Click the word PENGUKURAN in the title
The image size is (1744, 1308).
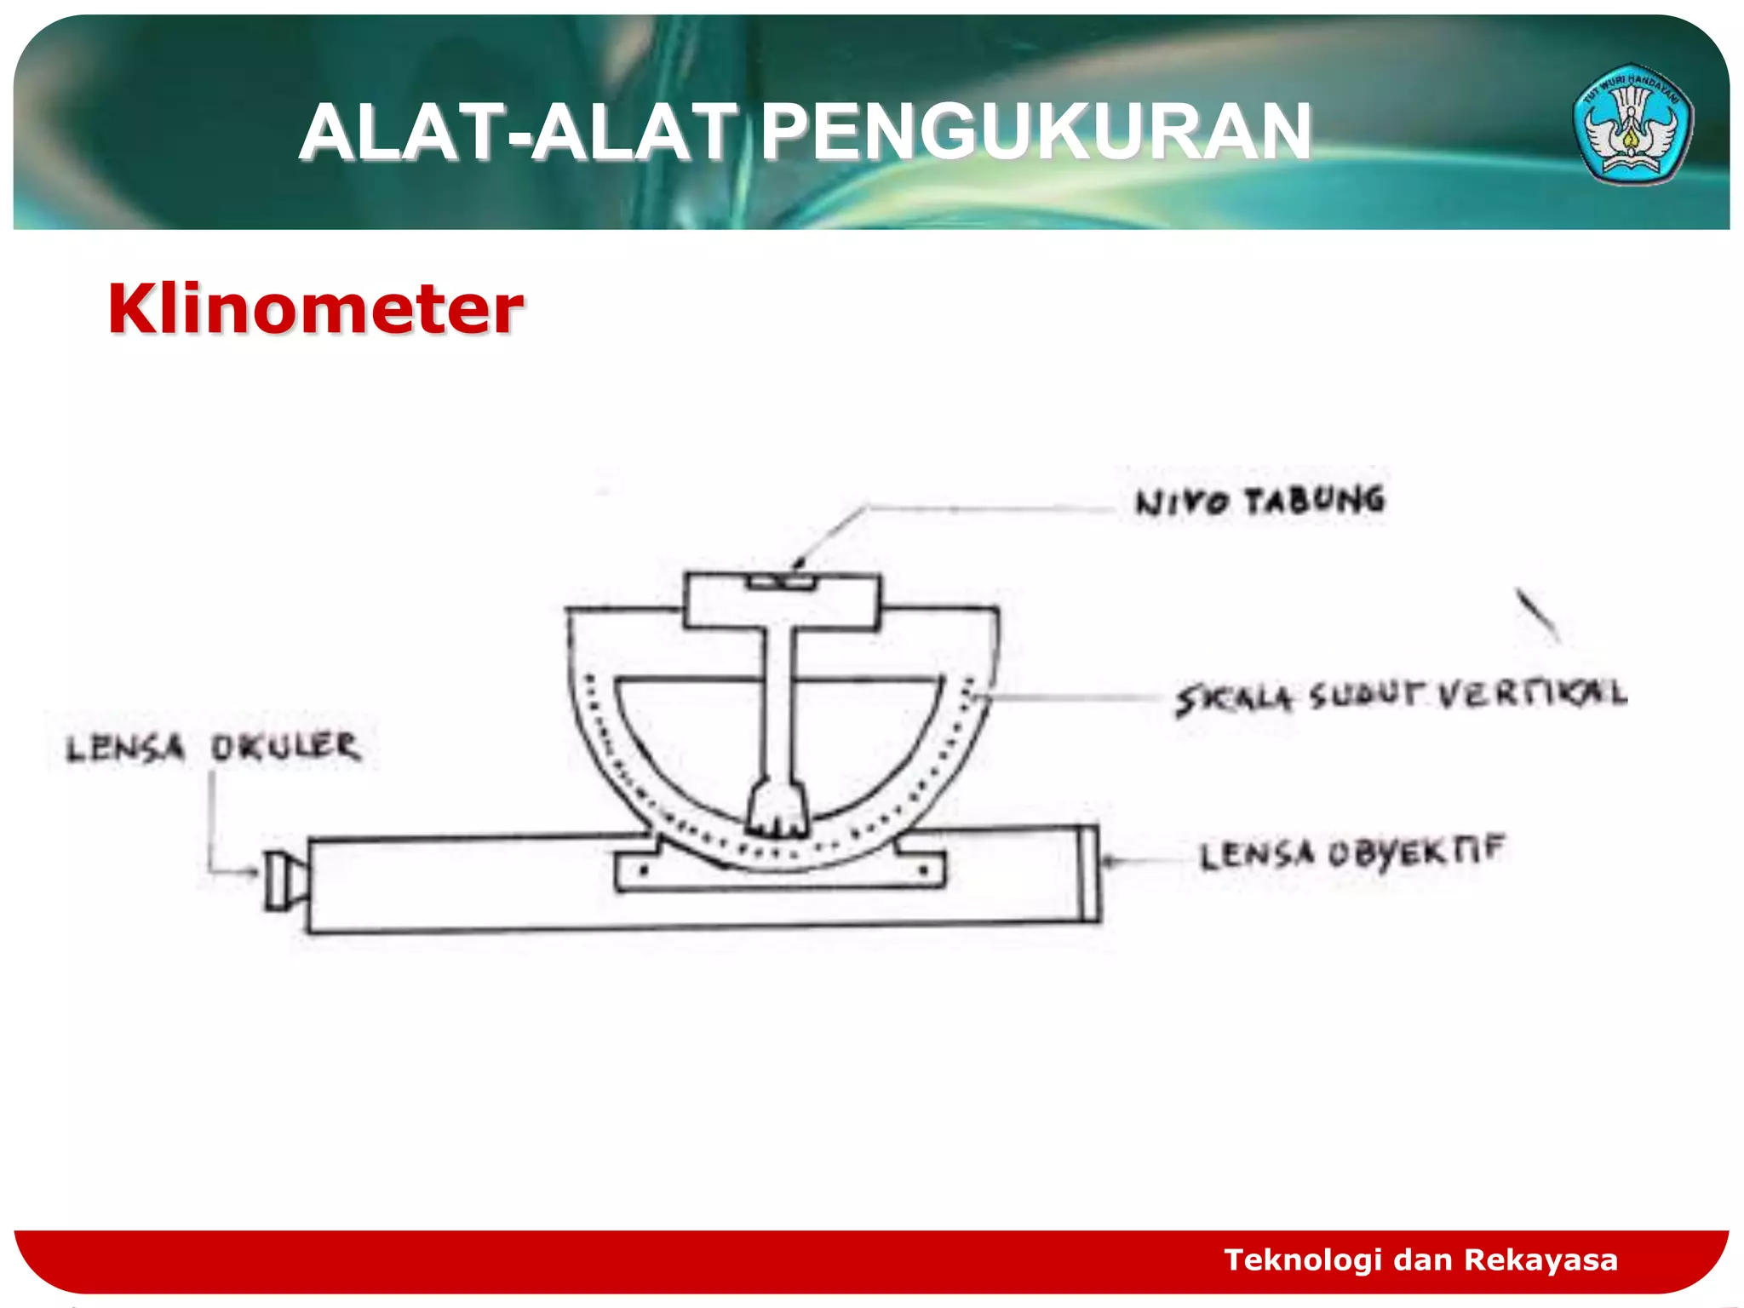click(x=1035, y=132)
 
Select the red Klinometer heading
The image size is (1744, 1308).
click(x=315, y=308)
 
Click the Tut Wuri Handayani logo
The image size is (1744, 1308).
click(x=1632, y=124)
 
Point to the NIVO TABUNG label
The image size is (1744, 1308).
click(x=1259, y=501)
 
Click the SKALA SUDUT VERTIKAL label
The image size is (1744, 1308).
click(x=1401, y=696)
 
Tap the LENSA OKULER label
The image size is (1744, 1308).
click(x=213, y=748)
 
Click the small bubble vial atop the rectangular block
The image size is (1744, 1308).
click(x=782, y=582)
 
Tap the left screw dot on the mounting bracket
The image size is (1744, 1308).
click(x=644, y=870)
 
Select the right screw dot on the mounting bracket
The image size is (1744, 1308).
click(x=923, y=870)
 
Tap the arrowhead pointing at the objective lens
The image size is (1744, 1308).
click(x=1109, y=861)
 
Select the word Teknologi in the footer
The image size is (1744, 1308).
click(x=1303, y=1259)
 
